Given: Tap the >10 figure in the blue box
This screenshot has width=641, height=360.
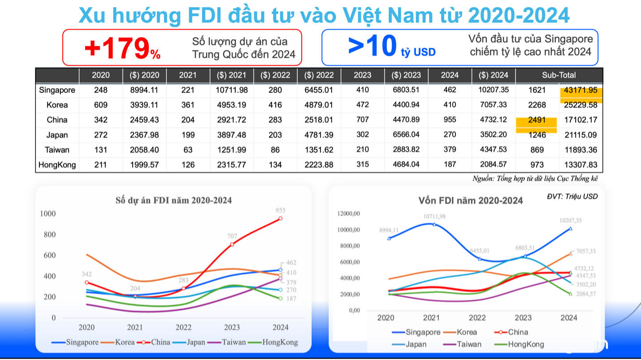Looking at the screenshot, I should click(x=372, y=46).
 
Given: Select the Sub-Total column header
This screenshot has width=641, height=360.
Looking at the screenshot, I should click(x=559, y=75).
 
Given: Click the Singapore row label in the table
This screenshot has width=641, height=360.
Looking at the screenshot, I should click(x=57, y=90).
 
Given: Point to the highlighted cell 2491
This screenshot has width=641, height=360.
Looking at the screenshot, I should click(x=537, y=120).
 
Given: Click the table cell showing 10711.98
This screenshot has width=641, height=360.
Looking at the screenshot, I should click(x=231, y=90).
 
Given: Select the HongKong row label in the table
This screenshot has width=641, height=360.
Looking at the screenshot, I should click(x=57, y=165).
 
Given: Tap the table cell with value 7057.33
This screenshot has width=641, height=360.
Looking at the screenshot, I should click(x=493, y=105).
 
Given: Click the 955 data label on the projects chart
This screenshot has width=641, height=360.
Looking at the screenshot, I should click(x=281, y=210).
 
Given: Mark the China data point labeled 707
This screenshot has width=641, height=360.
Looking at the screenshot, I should click(x=232, y=244).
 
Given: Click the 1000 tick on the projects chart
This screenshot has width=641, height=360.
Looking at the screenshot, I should click(x=48, y=213).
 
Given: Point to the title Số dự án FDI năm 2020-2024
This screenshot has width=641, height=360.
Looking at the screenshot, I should click(x=173, y=200).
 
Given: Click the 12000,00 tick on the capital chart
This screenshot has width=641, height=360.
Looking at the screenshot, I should click(x=348, y=214).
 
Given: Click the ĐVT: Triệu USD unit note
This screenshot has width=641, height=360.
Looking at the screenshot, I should click(x=572, y=196).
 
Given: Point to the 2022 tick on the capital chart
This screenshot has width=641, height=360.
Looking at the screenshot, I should click(x=477, y=318).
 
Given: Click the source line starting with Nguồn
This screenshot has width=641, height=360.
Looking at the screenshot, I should click(x=535, y=178).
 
